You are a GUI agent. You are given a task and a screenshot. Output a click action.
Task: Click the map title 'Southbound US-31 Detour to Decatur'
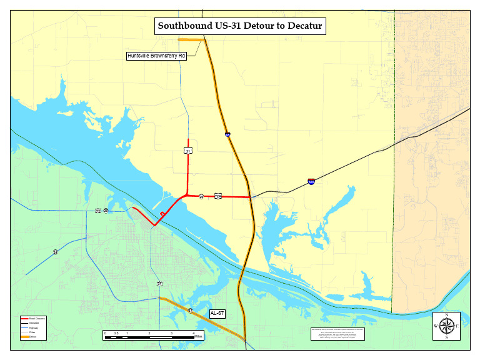pos(240,26)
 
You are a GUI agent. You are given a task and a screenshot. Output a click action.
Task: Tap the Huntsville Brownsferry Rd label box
pos(157,56)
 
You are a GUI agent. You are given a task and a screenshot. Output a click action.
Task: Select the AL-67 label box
pos(217,313)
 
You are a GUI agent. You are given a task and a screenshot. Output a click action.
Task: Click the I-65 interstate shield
pos(227,134)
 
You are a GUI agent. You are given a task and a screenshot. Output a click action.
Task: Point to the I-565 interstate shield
pos(311,182)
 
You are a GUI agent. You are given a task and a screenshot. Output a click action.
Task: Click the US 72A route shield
pos(217,196)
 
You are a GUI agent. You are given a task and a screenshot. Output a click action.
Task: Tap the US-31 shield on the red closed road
pos(187,151)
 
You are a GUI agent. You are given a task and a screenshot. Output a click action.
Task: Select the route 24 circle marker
pos(56,252)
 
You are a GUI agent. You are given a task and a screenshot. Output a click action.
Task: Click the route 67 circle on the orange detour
pos(191,311)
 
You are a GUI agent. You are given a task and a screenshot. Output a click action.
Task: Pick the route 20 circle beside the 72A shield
pos(201,197)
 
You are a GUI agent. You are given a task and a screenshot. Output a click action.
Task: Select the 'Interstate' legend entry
pos(34,323)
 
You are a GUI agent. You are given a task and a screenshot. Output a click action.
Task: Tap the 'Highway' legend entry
pos(34,327)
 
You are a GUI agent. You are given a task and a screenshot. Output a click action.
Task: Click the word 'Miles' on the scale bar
pos(198,337)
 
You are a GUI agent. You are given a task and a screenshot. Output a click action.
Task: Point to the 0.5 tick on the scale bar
pos(116,333)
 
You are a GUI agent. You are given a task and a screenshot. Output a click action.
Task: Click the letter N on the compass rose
pos(446,315)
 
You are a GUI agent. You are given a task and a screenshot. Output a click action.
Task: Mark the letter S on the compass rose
pos(446,337)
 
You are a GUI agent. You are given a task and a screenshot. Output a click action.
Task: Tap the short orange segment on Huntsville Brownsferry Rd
pos(191,40)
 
